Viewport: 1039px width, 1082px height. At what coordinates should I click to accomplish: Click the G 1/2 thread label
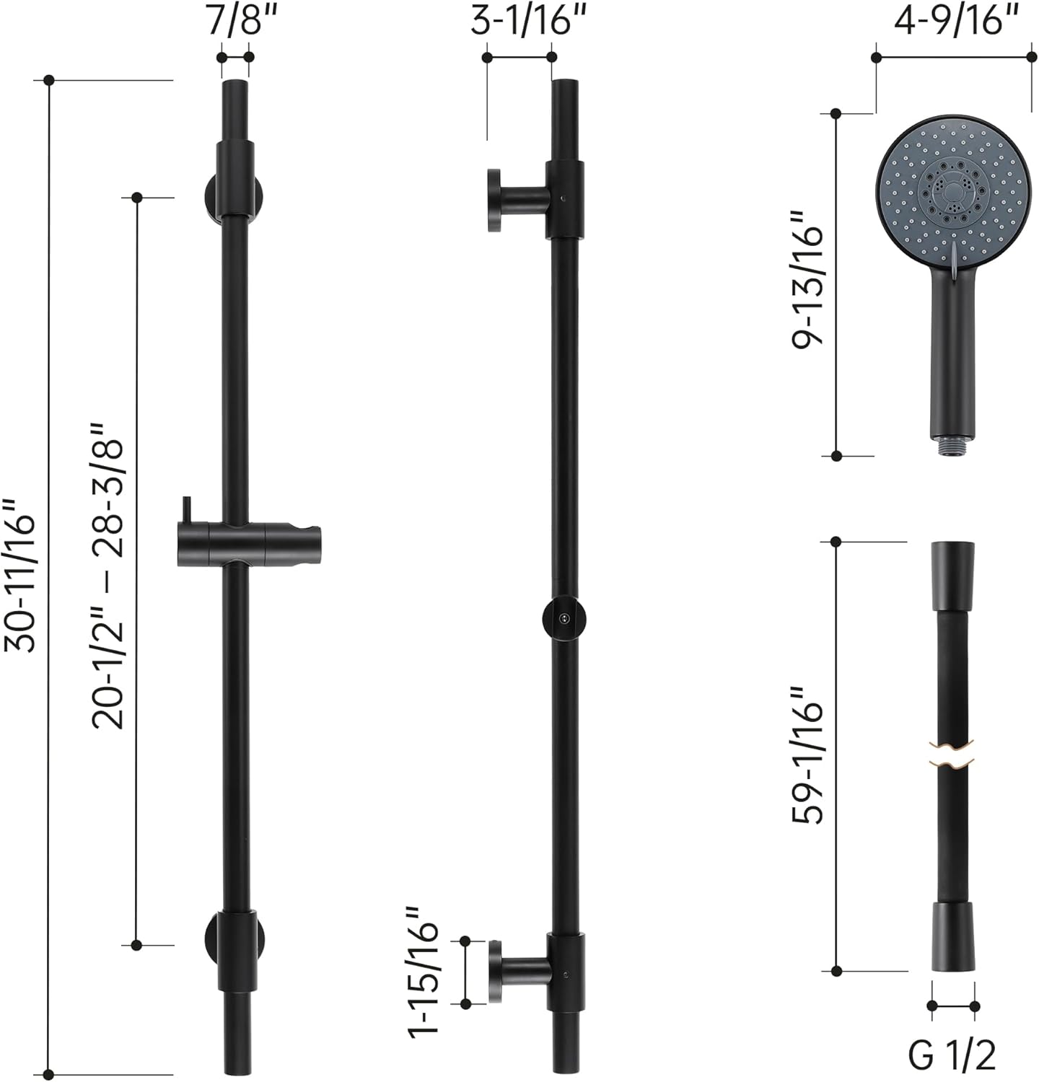[x=952, y=1055]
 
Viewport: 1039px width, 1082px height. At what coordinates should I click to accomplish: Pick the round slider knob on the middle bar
[x=564, y=618]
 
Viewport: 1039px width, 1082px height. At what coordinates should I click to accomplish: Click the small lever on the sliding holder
[x=187, y=509]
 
